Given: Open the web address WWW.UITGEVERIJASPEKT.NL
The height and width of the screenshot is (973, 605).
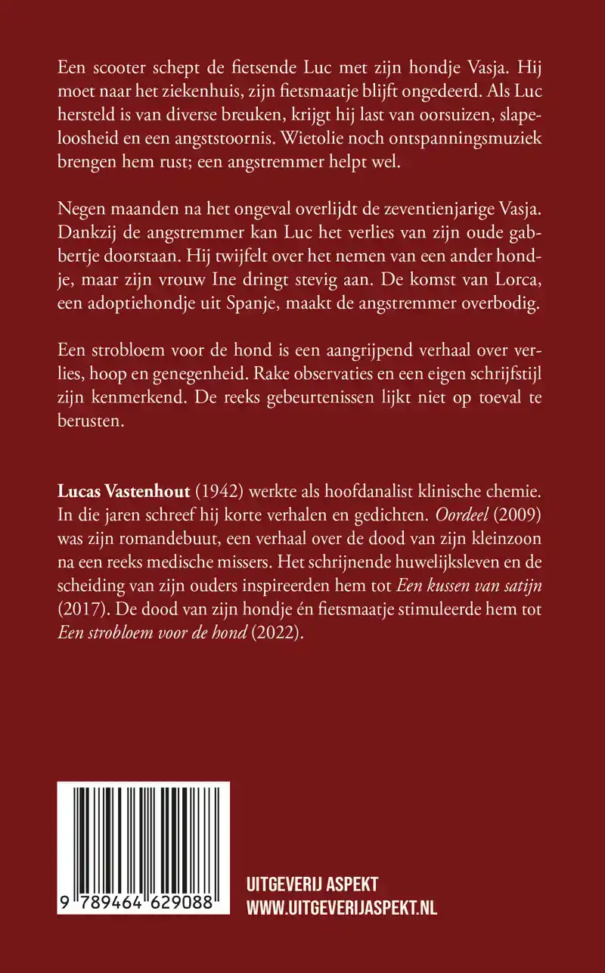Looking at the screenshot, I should pos(342,907).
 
